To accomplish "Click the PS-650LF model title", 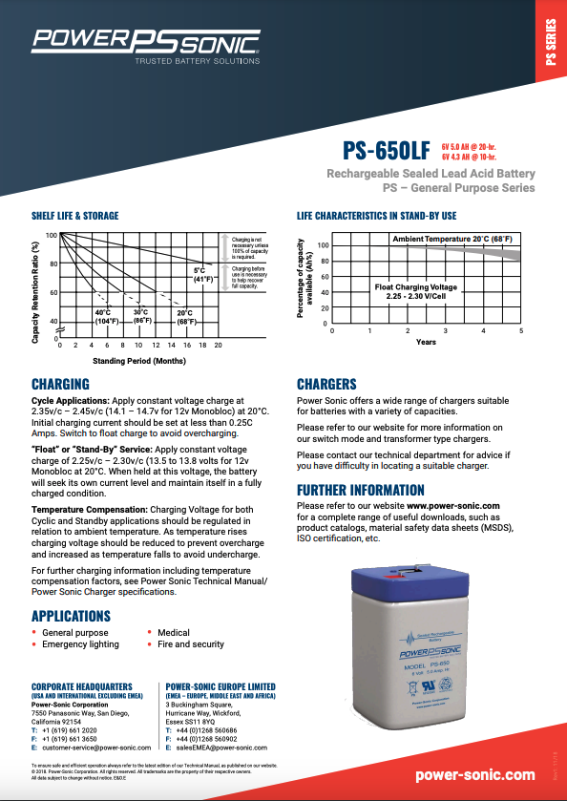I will click(386, 150).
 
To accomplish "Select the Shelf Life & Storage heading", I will click(75, 217).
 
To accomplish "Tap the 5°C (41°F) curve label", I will click(204, 276).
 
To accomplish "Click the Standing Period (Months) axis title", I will click(138, 362).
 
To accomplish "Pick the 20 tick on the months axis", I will click(218, 345).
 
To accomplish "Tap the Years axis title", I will click(426, 342).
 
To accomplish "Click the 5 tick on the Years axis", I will click(521, 330).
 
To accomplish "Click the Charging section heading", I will click(60, 384).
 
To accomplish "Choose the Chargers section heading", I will click(326, 384).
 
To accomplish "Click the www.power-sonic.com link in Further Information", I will click(453, 504).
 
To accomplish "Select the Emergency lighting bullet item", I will click(80, 644).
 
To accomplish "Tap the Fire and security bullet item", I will click(191, 644).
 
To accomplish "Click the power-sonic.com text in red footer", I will click(475, 775).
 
